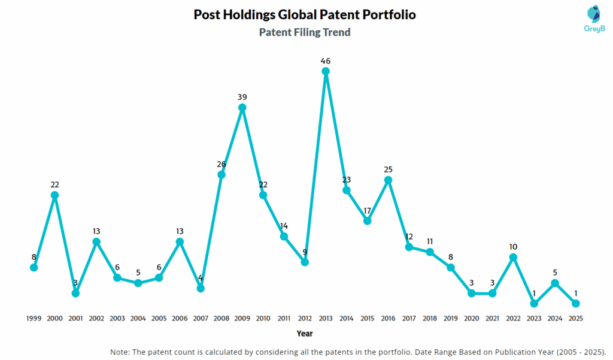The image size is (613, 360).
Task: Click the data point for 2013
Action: (326, 71)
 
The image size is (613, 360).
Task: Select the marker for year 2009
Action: (242, 108)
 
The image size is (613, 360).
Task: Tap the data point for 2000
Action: (55, 195)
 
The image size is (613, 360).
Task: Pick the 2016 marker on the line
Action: (388, 180)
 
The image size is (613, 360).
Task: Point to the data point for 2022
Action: (513, 257)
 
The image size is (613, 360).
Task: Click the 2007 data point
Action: (201, 288)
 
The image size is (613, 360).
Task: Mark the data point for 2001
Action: (75, 293)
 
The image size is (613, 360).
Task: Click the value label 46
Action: (326, 60)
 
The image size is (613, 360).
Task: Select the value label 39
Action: (242, 97)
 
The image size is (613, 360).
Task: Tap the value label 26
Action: (221, 164)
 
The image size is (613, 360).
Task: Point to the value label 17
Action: (368, 210)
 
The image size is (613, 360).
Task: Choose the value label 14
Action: (284, 226)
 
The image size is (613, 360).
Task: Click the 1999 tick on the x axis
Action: (34, 319)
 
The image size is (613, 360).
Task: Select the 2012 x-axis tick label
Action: (305, 319)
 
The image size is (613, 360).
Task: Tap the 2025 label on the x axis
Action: (575, 319)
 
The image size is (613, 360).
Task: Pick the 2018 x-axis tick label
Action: (430, 319)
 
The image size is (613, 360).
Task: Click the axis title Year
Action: (305, 334)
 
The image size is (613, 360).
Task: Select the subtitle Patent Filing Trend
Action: (305, 32)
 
